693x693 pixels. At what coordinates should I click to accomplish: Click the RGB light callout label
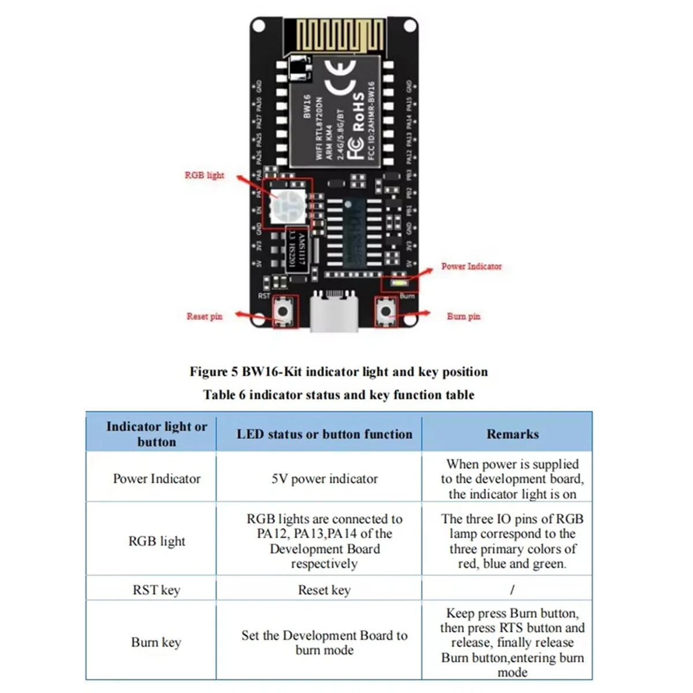[204, 175]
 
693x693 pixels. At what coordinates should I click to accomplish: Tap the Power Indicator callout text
[471, 266]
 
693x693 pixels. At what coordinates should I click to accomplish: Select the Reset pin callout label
[204, 316]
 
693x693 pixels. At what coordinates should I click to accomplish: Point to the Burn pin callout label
[463, 316]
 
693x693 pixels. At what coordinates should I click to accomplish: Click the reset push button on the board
[283, 312]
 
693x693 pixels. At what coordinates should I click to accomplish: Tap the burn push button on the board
[385, 312]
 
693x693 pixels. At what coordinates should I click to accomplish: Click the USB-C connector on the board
[334, 312]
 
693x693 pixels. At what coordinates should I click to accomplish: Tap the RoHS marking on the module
[358, 113]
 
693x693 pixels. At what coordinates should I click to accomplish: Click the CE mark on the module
[341, 78]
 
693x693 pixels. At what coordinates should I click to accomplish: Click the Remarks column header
[512, 434]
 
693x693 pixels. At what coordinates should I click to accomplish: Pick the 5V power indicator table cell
[325, 479]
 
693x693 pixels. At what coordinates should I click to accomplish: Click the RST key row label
[156, 590]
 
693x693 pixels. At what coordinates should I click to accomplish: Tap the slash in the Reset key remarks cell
[512, 590]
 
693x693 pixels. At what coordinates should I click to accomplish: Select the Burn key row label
[156, 642]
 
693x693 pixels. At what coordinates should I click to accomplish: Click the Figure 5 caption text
[338, 372]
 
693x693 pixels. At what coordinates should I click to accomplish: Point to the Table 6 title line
[338, 395]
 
